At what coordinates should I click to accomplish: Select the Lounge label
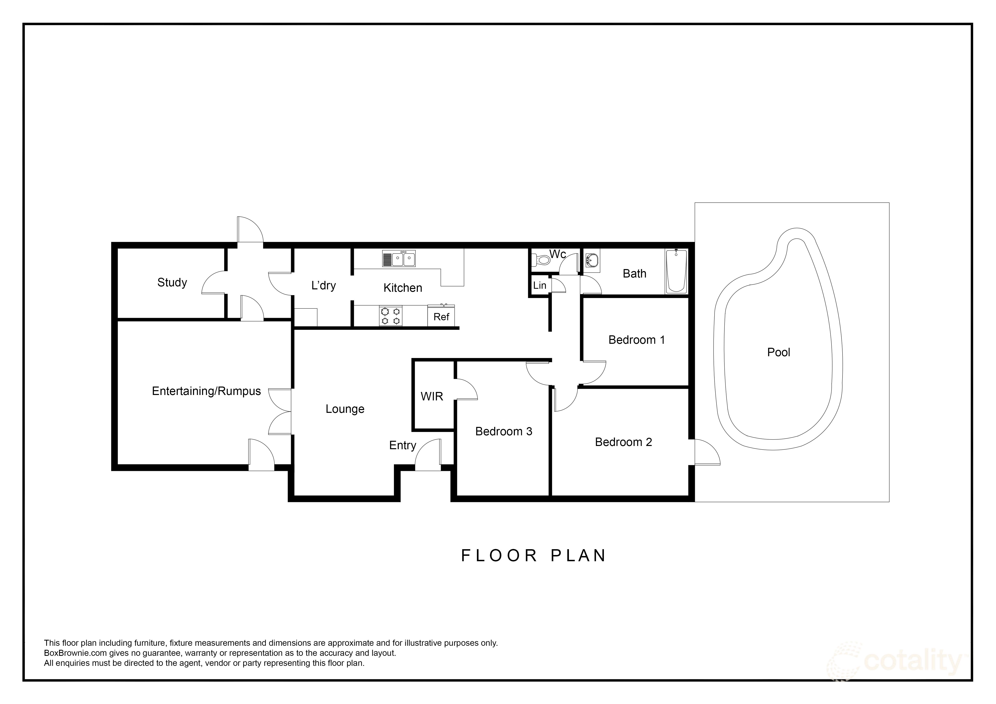point(345,409)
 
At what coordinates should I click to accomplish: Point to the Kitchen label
point(403,288)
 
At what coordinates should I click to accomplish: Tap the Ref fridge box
point(441,316)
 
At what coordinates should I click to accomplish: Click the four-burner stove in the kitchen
point(390,316)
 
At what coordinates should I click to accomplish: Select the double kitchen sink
point(403,259)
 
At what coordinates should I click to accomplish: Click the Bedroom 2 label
point(623,442)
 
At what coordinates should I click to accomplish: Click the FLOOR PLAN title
point(534,556)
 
